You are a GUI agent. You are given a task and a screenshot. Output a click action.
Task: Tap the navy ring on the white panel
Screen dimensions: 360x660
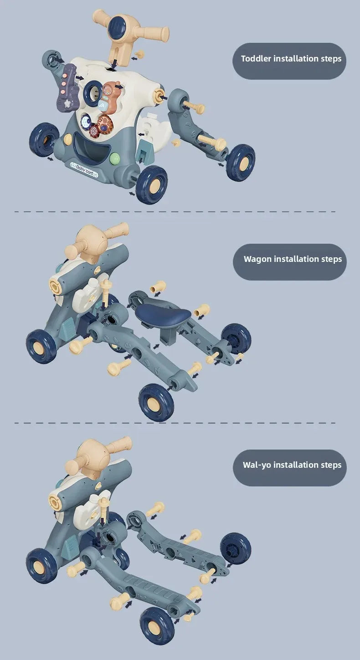tap(93, 93)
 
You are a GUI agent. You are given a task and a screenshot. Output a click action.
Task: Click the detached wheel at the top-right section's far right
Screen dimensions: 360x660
tap(241, 162)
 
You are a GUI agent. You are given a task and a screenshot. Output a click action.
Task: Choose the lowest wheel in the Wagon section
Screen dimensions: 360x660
tap(156, 402)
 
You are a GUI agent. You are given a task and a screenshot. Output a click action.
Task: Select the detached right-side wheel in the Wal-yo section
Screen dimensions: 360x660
tap(236, 548)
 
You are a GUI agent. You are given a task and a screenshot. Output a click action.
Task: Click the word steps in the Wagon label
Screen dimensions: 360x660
tap(332, 260)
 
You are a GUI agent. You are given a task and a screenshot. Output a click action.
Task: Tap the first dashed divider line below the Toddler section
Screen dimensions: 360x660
tap(175, 211)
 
